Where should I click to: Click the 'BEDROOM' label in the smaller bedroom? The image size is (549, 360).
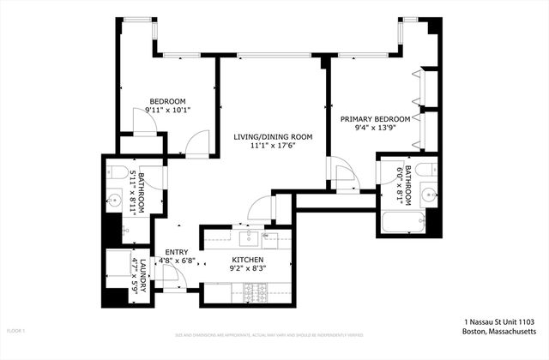(167, 99)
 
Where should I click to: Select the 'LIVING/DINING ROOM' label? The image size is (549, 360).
(273, 136)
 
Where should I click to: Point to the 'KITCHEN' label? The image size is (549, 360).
(246, 259)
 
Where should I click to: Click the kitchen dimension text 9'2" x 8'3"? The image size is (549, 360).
(246, 268)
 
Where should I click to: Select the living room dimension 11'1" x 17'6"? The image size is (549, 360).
(273, 146)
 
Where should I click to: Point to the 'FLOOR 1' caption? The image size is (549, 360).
(16, 330)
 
